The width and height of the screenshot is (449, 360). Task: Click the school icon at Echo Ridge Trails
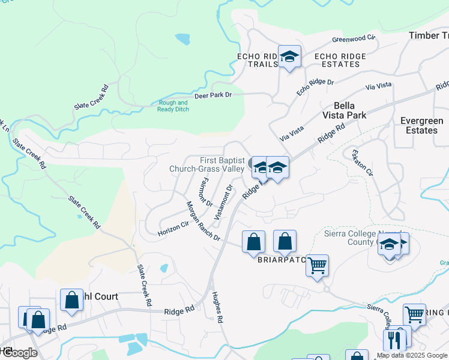[x=289, y=57]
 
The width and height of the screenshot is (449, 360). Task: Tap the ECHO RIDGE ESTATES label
[x=340, y=60]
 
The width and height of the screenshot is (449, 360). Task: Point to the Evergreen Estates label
[x=422, y=125]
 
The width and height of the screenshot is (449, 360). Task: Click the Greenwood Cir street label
[x=354, y=40]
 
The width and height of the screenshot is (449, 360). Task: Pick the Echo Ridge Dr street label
[x=315, y=87]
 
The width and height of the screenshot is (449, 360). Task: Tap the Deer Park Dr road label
[x=212, y=95]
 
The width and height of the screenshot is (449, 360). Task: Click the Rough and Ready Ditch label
[x=173, y=106]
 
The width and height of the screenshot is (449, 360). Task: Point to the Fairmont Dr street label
[x=206, y=191]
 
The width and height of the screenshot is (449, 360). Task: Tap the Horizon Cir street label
[x=173, y=227]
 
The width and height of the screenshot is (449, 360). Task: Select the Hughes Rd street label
[x=217, y=308]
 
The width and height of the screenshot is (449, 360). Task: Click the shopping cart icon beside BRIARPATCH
[x=317, y=265]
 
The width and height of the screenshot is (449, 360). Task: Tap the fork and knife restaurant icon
[x=394, y=340]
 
